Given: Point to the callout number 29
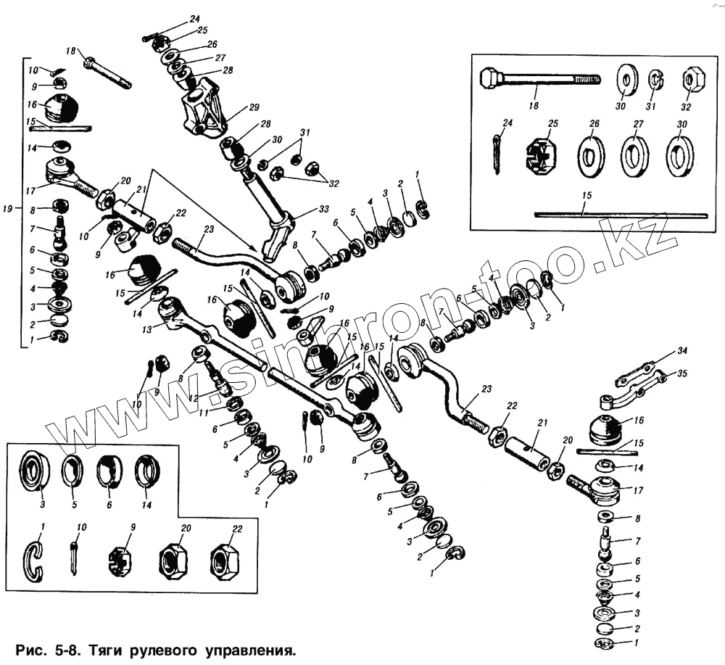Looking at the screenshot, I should coord(253,107).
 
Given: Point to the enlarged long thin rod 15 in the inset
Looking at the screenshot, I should coord(621,214).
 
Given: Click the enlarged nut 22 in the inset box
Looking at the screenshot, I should coord(225,559).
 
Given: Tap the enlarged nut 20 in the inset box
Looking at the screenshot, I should coord(174,559).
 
